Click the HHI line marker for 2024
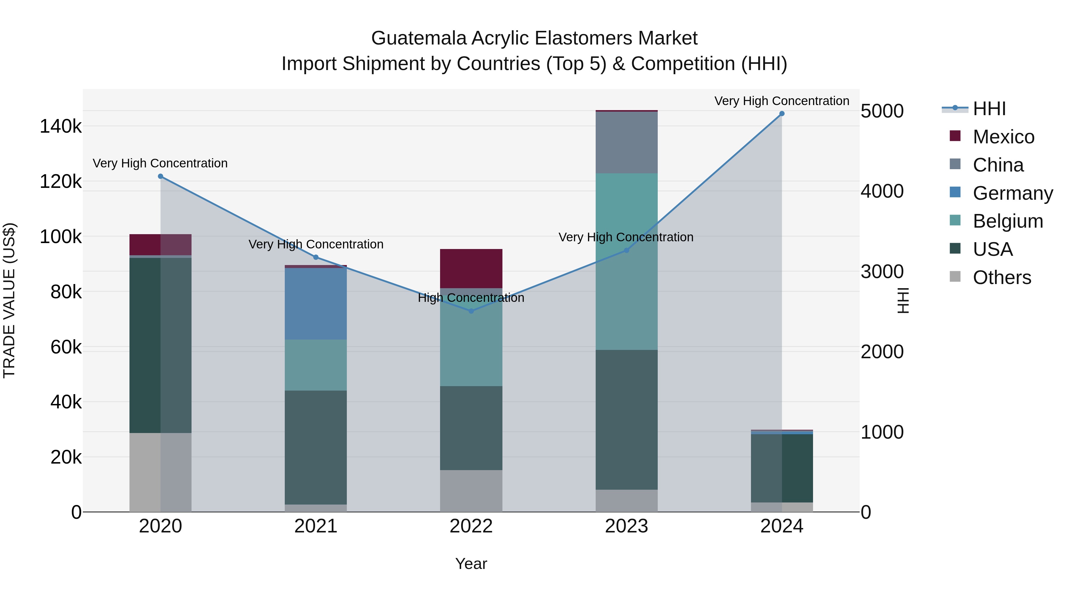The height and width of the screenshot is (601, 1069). point(782,114)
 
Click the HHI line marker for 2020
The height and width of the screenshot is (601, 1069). point(161,176)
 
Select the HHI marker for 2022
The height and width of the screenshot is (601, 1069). point(471,311)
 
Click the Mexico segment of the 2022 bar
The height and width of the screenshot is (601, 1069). point(471,268)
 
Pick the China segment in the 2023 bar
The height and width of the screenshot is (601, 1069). point(626,142)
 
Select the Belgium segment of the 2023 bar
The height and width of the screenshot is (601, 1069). point(626,261)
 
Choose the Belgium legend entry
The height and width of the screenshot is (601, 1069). point(1007,221)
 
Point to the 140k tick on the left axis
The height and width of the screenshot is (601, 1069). point(61,126)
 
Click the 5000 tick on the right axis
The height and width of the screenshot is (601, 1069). point(882,111)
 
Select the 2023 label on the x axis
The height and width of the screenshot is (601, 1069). point(626,526)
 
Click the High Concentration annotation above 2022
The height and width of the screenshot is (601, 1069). point(471,298)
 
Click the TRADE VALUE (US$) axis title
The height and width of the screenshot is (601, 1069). point(9,300)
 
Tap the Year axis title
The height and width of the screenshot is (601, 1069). point(471,564)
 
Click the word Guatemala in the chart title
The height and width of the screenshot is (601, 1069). point(418,38)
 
